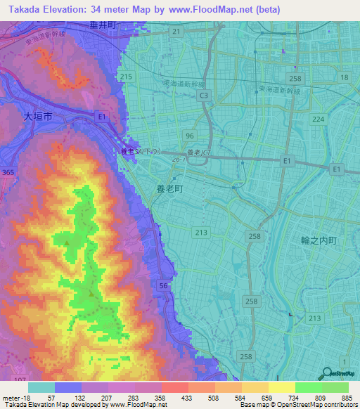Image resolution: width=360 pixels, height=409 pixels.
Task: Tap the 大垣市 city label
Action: (x=37, y=119)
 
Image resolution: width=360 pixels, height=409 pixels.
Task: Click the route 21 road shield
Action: (x=176, y=32)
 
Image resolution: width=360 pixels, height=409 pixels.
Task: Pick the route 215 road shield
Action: (x=127, y=77)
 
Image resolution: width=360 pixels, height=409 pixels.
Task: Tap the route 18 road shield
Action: (x=344, y=77)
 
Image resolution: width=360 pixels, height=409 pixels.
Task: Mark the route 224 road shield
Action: (x=319, y=119)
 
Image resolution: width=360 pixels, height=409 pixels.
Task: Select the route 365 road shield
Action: (x=8, y=172)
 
